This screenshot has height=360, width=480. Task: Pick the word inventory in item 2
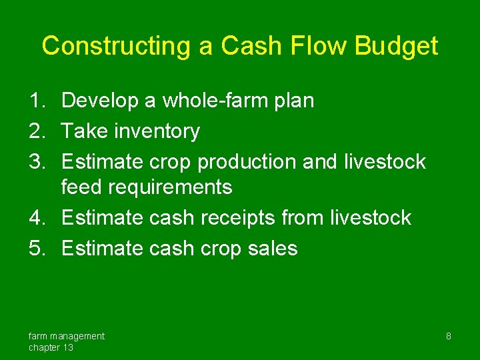click(157, 131)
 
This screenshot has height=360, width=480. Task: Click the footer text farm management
click(66, 336)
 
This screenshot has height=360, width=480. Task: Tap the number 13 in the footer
click(67, 347)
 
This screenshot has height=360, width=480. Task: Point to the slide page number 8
click(448, 336)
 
